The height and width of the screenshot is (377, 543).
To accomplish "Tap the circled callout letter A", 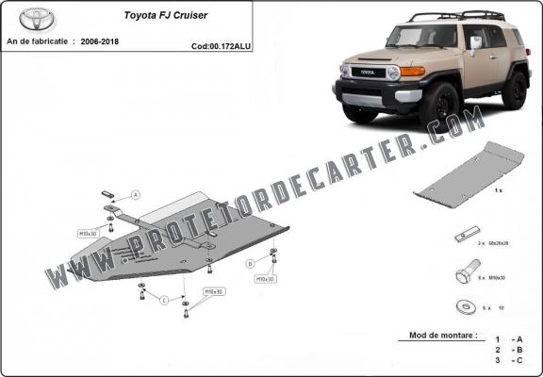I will (136, 195).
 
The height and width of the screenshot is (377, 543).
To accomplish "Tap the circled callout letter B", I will (250, 263).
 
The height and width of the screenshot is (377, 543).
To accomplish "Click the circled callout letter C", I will (164, 301).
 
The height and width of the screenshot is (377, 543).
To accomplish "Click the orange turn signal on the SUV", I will (412, 71).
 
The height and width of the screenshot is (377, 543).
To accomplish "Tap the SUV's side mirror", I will (475, 42).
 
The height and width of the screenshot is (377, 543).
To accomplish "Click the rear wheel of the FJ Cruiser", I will (515, 89).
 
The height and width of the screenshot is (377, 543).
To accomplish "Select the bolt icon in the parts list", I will (464, 275).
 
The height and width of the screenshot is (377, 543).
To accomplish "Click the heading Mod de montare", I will (443, 335).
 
